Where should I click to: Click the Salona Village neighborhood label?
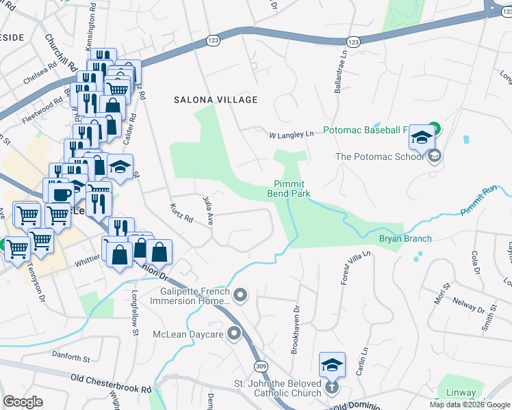click(x=215, y=100)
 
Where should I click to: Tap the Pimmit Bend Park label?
click(x=293, y=189)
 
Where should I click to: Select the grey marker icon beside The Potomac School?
click(x=433, y=156)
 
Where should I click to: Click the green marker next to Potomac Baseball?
click(x=434, y=128)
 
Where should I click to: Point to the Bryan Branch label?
click(x=405, y=238)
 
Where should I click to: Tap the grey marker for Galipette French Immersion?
click(x=240, y=296)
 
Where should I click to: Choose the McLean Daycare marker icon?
click(x=235, y=334)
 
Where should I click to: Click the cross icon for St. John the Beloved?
click(x=331, y=387)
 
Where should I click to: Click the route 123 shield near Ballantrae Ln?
click(x=353, y=42)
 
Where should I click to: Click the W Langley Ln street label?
click(x=290, y=134)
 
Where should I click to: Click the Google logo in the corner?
click(x=23, y=402)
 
